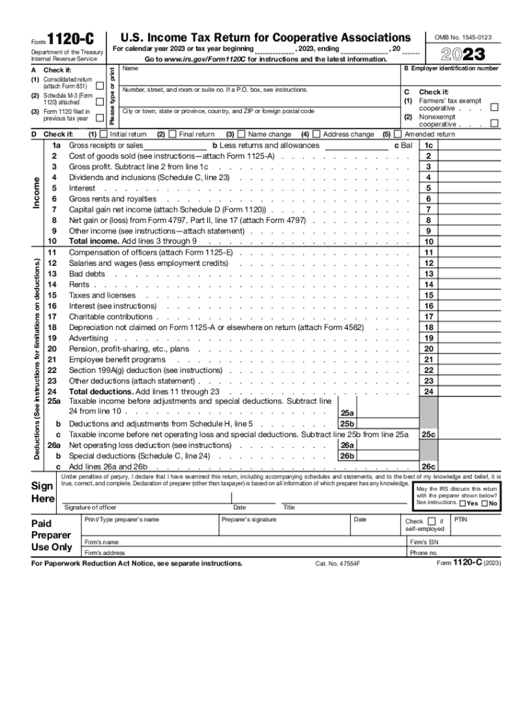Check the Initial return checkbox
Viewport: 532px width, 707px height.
pos(104,134)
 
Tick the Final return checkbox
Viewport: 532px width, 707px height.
pos(173,134)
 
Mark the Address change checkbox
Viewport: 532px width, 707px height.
pos(316,134)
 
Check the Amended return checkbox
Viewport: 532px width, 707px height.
pos(397,134)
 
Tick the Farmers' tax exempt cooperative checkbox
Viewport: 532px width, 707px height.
pos(493,107)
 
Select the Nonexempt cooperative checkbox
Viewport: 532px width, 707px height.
pos(493,123)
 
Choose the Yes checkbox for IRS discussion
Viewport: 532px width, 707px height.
pos(462,503)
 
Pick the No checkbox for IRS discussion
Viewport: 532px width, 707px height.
pos(484,503)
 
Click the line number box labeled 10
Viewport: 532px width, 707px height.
pos(429,242)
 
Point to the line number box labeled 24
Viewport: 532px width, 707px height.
pos(429,391)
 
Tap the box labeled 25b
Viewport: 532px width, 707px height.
pos(346,423)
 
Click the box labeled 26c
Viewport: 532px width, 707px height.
pos(429,467)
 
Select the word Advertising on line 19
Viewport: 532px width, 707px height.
pos(88,338)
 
